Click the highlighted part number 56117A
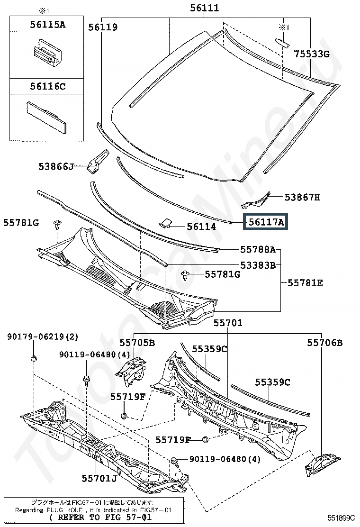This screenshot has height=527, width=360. coord(266,222)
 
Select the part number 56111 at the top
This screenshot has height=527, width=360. coord(204,8)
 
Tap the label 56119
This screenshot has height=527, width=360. coord(103,27)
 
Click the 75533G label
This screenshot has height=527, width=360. coord(312,54)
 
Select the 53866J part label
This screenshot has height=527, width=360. coord(56,166)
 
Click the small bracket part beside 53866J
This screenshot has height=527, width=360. coord(98,161)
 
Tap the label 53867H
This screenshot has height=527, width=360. coord(302,197)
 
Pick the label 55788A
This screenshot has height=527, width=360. coord(258,249)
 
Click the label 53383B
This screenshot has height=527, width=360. coord(258,265)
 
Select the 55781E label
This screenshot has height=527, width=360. coord(305,283)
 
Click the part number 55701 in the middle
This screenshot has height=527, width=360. coord(228,323)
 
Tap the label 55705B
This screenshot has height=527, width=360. coord(137,343)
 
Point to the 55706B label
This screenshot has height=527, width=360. coord(325,343)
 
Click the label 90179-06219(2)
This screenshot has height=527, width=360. coord(43,336)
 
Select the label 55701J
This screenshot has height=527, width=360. coord(99,478)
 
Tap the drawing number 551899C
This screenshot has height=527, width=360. coord(341,518)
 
